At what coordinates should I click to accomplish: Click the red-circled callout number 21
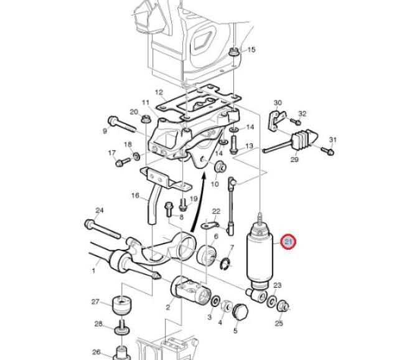289,242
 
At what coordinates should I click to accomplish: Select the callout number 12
159,92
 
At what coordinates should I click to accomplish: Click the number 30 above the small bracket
278,103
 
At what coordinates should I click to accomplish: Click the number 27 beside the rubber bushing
95,302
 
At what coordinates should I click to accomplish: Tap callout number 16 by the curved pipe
135,196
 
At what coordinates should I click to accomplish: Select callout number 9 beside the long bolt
105,130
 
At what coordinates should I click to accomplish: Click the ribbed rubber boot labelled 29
305,141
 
